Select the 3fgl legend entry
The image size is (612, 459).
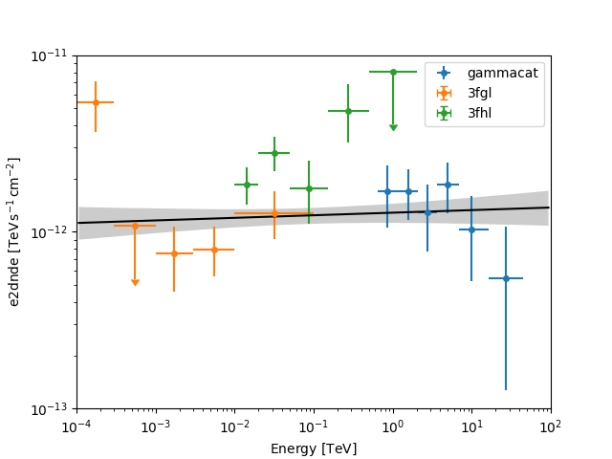click(480, 93)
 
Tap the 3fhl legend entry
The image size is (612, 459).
click(480, 113)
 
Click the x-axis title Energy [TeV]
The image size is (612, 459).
click(314, 448)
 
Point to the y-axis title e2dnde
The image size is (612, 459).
click(14, 231)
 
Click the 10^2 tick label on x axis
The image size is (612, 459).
click(551, 425)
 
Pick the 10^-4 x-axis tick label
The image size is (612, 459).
click(77, 425)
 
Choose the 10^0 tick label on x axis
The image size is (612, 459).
click(393, 425)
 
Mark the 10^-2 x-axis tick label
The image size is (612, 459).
click(235, 425)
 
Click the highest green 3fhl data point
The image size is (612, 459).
click(393, 72)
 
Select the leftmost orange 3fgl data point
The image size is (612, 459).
click(96, 102)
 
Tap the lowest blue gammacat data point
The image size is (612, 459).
click(506, 278)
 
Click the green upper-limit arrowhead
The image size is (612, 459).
click(393, 127)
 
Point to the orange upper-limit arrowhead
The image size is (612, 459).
click(135, 282)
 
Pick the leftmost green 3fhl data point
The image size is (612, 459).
click(247, 185)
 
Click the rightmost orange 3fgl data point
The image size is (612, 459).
click(274, 213)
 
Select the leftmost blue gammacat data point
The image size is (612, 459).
click(387, 191)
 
